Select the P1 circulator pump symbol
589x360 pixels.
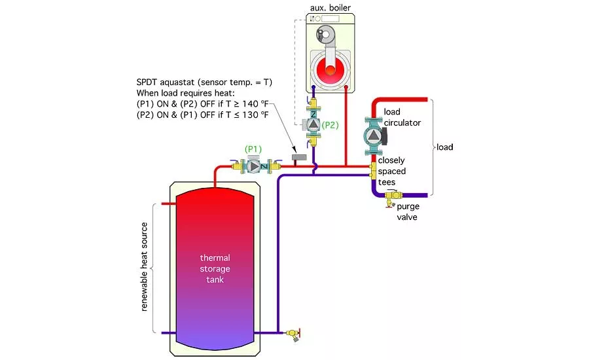[253, 166]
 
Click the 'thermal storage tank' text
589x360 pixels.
[215, 268]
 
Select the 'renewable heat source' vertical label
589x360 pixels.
[145, 269]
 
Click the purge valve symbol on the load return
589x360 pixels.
[393, 195]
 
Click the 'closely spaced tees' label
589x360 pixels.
[391, 171]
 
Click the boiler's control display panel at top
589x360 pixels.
[334, 18]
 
